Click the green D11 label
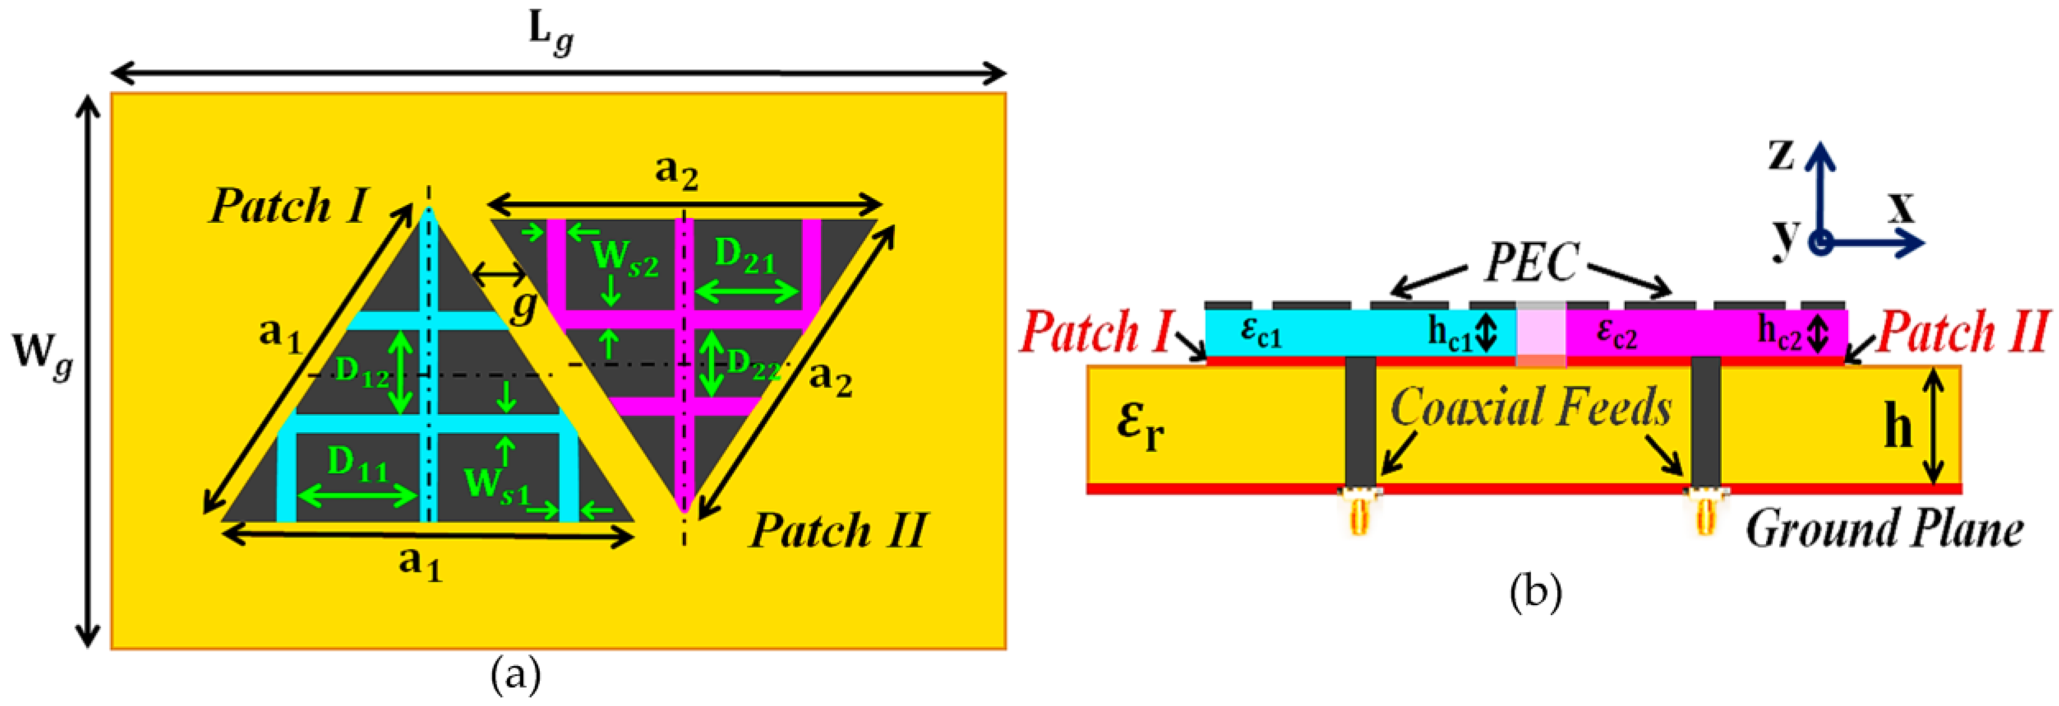(x=357, y=464)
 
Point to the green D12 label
(x=362, y=371)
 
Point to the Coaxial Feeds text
(x=1531, y=407)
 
